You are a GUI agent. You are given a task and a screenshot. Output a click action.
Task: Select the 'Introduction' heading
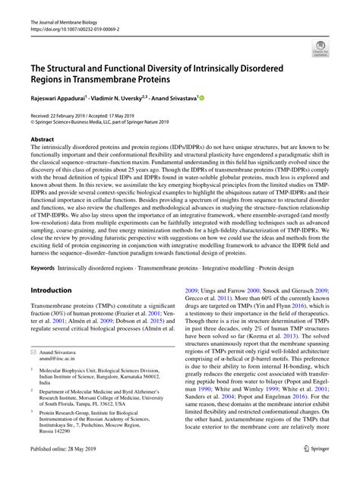click(50, 268)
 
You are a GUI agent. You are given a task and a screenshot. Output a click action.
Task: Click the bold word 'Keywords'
click(43, 247)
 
